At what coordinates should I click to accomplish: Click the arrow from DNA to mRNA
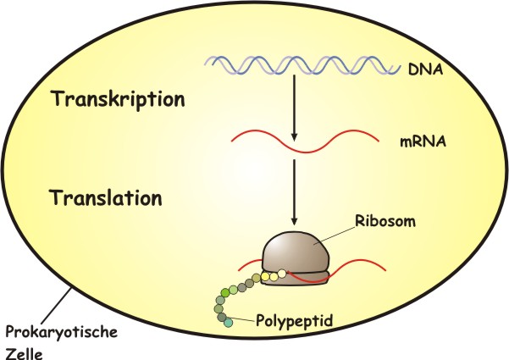coord(292,110)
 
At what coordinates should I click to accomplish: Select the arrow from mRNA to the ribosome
coord(292,191)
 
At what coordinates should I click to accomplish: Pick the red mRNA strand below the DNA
coord(292,141)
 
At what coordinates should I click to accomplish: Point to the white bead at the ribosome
coord(283,274)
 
